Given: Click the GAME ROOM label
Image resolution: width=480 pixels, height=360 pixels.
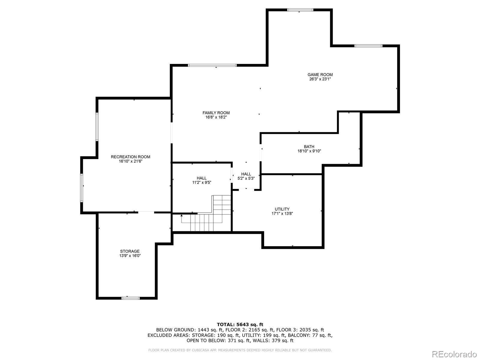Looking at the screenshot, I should pyautogui.click(x=320, y=75).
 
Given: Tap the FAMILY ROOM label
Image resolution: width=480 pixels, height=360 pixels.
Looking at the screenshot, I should pyautogui.click(x=216, y=113).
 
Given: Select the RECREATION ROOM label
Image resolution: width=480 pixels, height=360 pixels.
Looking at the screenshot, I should pyautogui.click(x=130, y=157).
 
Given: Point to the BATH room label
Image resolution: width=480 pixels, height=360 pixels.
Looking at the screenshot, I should pyautogui.click(x=309, y=147).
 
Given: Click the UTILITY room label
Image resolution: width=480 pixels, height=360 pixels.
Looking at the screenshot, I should pyautogui.click(x=282, y=209).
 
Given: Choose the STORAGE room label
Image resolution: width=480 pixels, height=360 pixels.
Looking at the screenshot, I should pyautogui.click(x=130, y=251).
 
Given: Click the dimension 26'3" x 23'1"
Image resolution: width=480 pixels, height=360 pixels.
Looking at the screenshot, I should pyautogui.click(x=320, y=79).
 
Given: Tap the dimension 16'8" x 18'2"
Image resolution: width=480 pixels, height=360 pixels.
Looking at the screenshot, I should pyautogui.click(x=216, y=117).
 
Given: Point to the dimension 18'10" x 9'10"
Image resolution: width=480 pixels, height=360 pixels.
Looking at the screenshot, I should pyautogui.click(x=309, y=151).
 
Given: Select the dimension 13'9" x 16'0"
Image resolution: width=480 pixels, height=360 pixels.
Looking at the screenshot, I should pyautogui.click(x=130, y=256).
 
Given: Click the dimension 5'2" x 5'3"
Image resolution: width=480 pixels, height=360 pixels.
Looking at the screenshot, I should pyautogui.click(x=246, y=178).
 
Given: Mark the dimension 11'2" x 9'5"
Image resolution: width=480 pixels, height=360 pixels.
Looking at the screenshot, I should pyautogui.click(x=202, y=182).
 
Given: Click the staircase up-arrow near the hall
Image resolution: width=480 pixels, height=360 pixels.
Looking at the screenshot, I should pyautogui.click(x=181, y=215).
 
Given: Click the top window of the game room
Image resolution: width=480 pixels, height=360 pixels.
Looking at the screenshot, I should pyautogui.click(x=300, y=10).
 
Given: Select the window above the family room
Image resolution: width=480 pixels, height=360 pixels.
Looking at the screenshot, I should pyautogui.click(x=212, y=65).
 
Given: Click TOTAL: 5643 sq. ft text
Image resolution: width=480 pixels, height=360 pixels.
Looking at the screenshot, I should pyautogui.click(x=240, y=324).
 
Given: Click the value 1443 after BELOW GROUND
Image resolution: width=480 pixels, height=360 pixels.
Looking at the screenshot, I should pyautogui.click(x=204, y=330).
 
